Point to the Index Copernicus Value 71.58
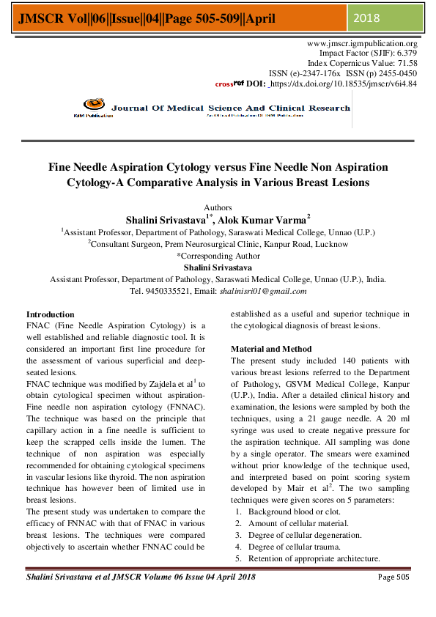(405, 64)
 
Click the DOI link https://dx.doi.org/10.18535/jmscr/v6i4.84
(344, 84)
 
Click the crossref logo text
(229, 84)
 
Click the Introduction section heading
(50, 314)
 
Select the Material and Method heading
(271, 349)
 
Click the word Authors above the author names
(218, 208)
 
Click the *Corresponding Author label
(218, 256)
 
